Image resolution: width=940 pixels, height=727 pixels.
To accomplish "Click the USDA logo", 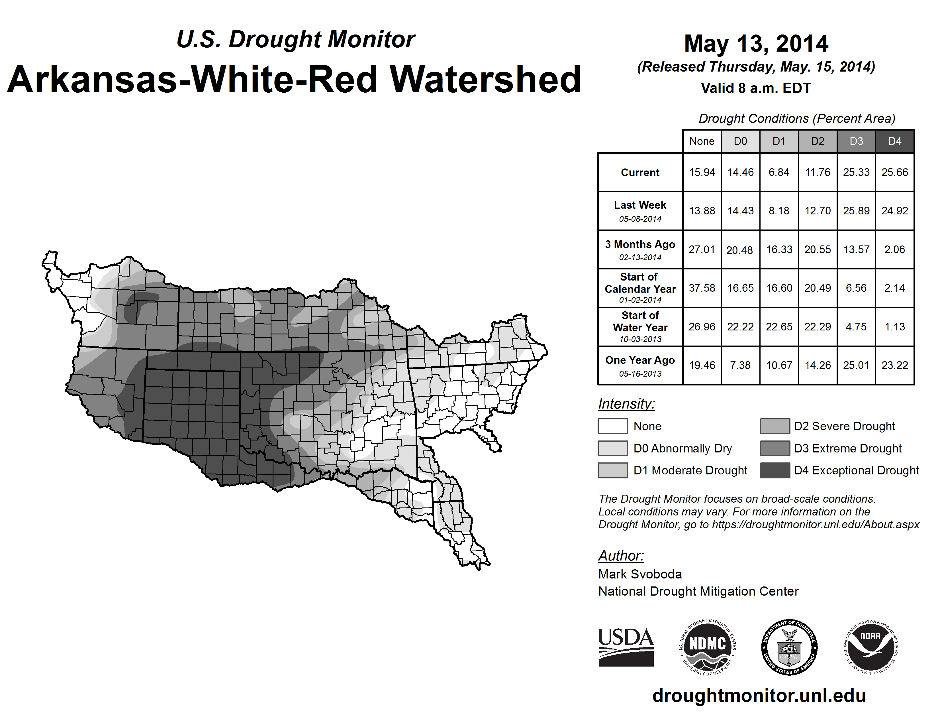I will click(626, 647).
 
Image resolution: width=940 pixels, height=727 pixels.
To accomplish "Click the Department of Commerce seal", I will click(789, 647).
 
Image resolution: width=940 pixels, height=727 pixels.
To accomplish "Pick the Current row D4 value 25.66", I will click(894, 172).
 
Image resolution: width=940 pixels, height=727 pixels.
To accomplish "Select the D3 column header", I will click(856, 141).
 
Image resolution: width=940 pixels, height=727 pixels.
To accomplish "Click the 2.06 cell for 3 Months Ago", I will click(894, 249).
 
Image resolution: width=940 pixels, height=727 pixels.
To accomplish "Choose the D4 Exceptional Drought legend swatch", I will click(775, 470).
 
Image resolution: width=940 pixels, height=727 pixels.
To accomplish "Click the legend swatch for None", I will click(612, 426).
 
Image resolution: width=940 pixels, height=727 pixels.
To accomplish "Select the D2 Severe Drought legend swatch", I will click(775, 426).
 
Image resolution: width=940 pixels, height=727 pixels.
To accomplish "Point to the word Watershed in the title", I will click(485, 79).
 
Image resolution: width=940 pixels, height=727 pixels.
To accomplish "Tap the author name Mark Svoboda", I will click(640, 574).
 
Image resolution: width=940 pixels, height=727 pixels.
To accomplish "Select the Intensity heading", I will click(626, 404).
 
